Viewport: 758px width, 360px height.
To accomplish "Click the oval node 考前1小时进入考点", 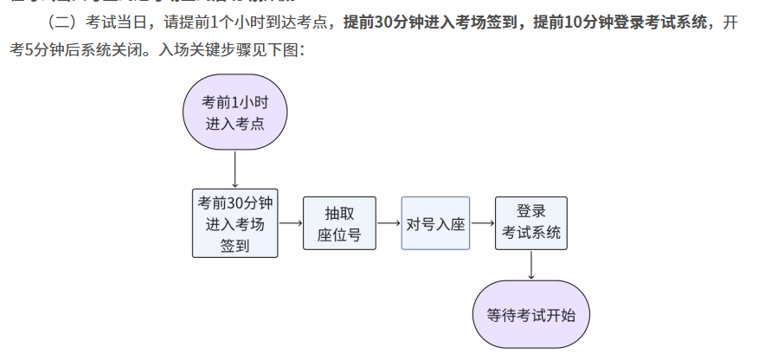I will (x=234, y=112).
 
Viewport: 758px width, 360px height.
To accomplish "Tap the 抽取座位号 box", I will (x=339, y=224).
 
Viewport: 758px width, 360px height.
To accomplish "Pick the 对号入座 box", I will (x=435, y=224).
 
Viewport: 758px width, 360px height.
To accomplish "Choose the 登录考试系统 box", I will (x=531, y=222).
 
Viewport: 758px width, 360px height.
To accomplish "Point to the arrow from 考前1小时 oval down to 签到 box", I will (x=234, y=169).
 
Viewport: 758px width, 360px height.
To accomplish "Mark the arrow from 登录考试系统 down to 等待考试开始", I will (x=530, y=265).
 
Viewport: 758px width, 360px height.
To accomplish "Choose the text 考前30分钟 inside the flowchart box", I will (x=234, y=203).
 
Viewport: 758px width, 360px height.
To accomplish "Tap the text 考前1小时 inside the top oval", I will (x=234, y=101).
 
